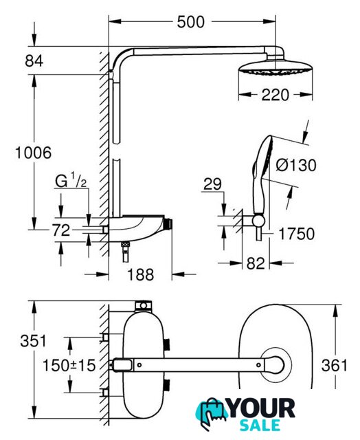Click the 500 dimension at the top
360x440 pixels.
click(191, 22)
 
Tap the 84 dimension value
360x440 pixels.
click(34, 60)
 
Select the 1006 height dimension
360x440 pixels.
click(33, 153)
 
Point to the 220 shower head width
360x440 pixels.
click(275, 95)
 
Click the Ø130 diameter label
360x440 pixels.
click(296, 165)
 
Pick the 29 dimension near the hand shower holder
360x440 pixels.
click(212, 184)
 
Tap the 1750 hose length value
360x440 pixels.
click(297, 234)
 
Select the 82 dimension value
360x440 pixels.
click(256, 263)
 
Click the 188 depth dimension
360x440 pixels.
click(141, 274)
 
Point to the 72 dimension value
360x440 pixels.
click(61, 230)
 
